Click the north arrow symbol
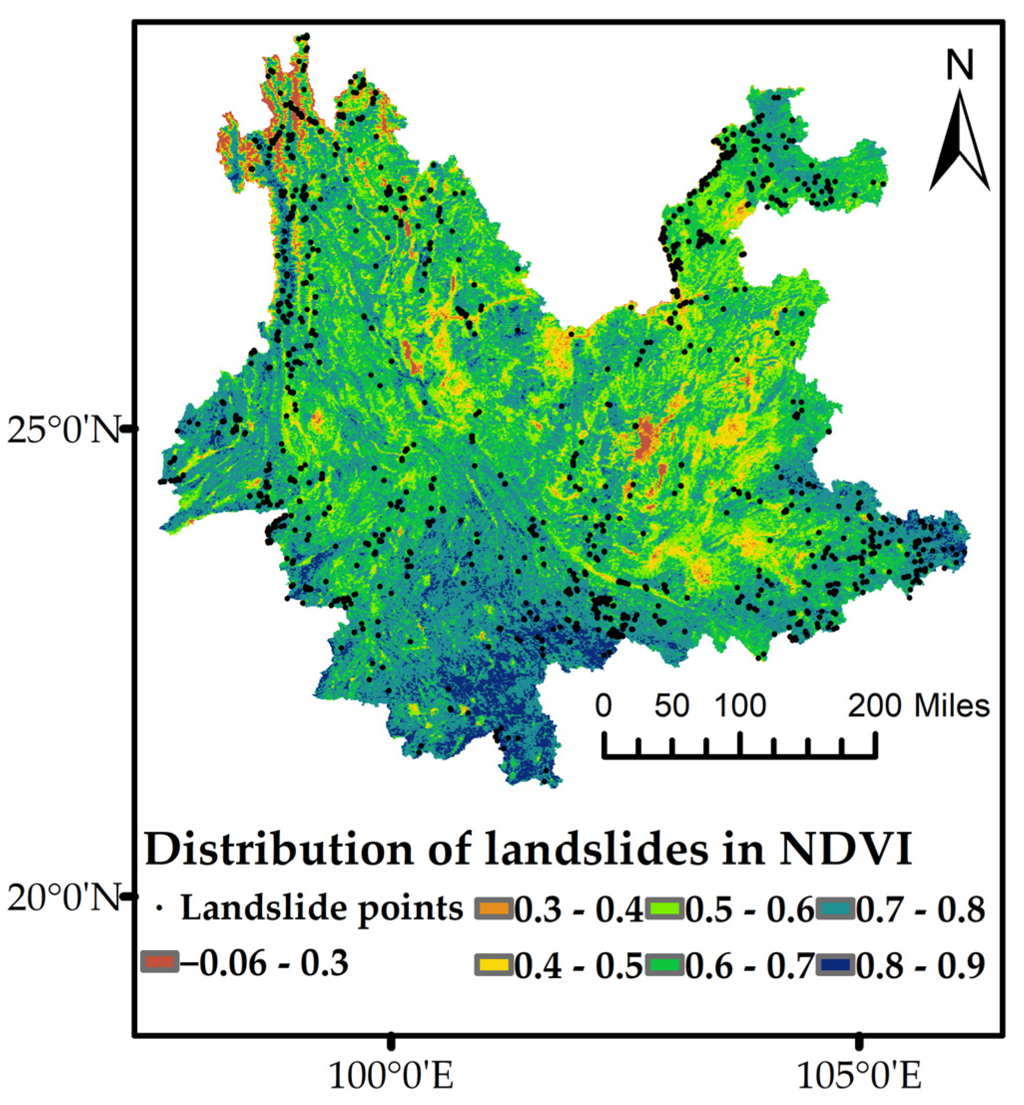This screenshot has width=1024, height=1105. (x=959, y=143)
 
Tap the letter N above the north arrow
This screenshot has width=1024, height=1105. (x=959, y=65)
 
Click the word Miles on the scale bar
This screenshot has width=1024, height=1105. (x=952, y=706)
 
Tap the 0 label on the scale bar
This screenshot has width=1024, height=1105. (x=604, y=706)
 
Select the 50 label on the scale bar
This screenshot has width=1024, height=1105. (x=672, y=706)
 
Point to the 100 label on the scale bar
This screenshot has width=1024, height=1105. (x=740, y=706)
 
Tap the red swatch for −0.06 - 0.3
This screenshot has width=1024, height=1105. (x=160, y=961)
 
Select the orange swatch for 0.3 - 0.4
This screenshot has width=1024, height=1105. (x=493, y=909)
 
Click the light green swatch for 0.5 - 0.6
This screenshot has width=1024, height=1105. (x=665, y=909)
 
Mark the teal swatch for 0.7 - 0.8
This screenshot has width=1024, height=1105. (x=835, y=909)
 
